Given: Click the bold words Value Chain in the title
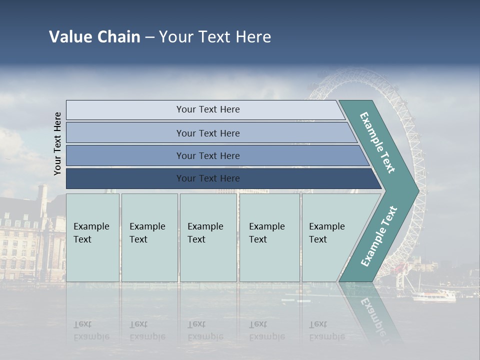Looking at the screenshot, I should [x=94, y=37].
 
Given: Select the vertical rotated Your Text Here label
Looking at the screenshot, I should [x=57, y=143].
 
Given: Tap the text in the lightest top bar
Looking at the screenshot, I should [x=208, y=109].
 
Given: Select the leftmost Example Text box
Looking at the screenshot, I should [x=92, y=237].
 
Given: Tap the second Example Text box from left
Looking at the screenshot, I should [x=149, y=237].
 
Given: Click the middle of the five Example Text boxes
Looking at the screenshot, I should [x=208, y=237].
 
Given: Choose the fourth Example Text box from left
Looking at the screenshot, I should [x=269, y=237].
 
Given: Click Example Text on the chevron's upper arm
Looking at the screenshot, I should [x=377, y=142].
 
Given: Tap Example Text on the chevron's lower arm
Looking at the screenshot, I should [x=378, y=236].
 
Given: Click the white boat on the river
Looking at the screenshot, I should [x=433, y=296].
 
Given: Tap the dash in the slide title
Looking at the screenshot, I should [x=149, y=37].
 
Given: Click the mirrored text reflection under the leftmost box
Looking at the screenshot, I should [x=91, y=330].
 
